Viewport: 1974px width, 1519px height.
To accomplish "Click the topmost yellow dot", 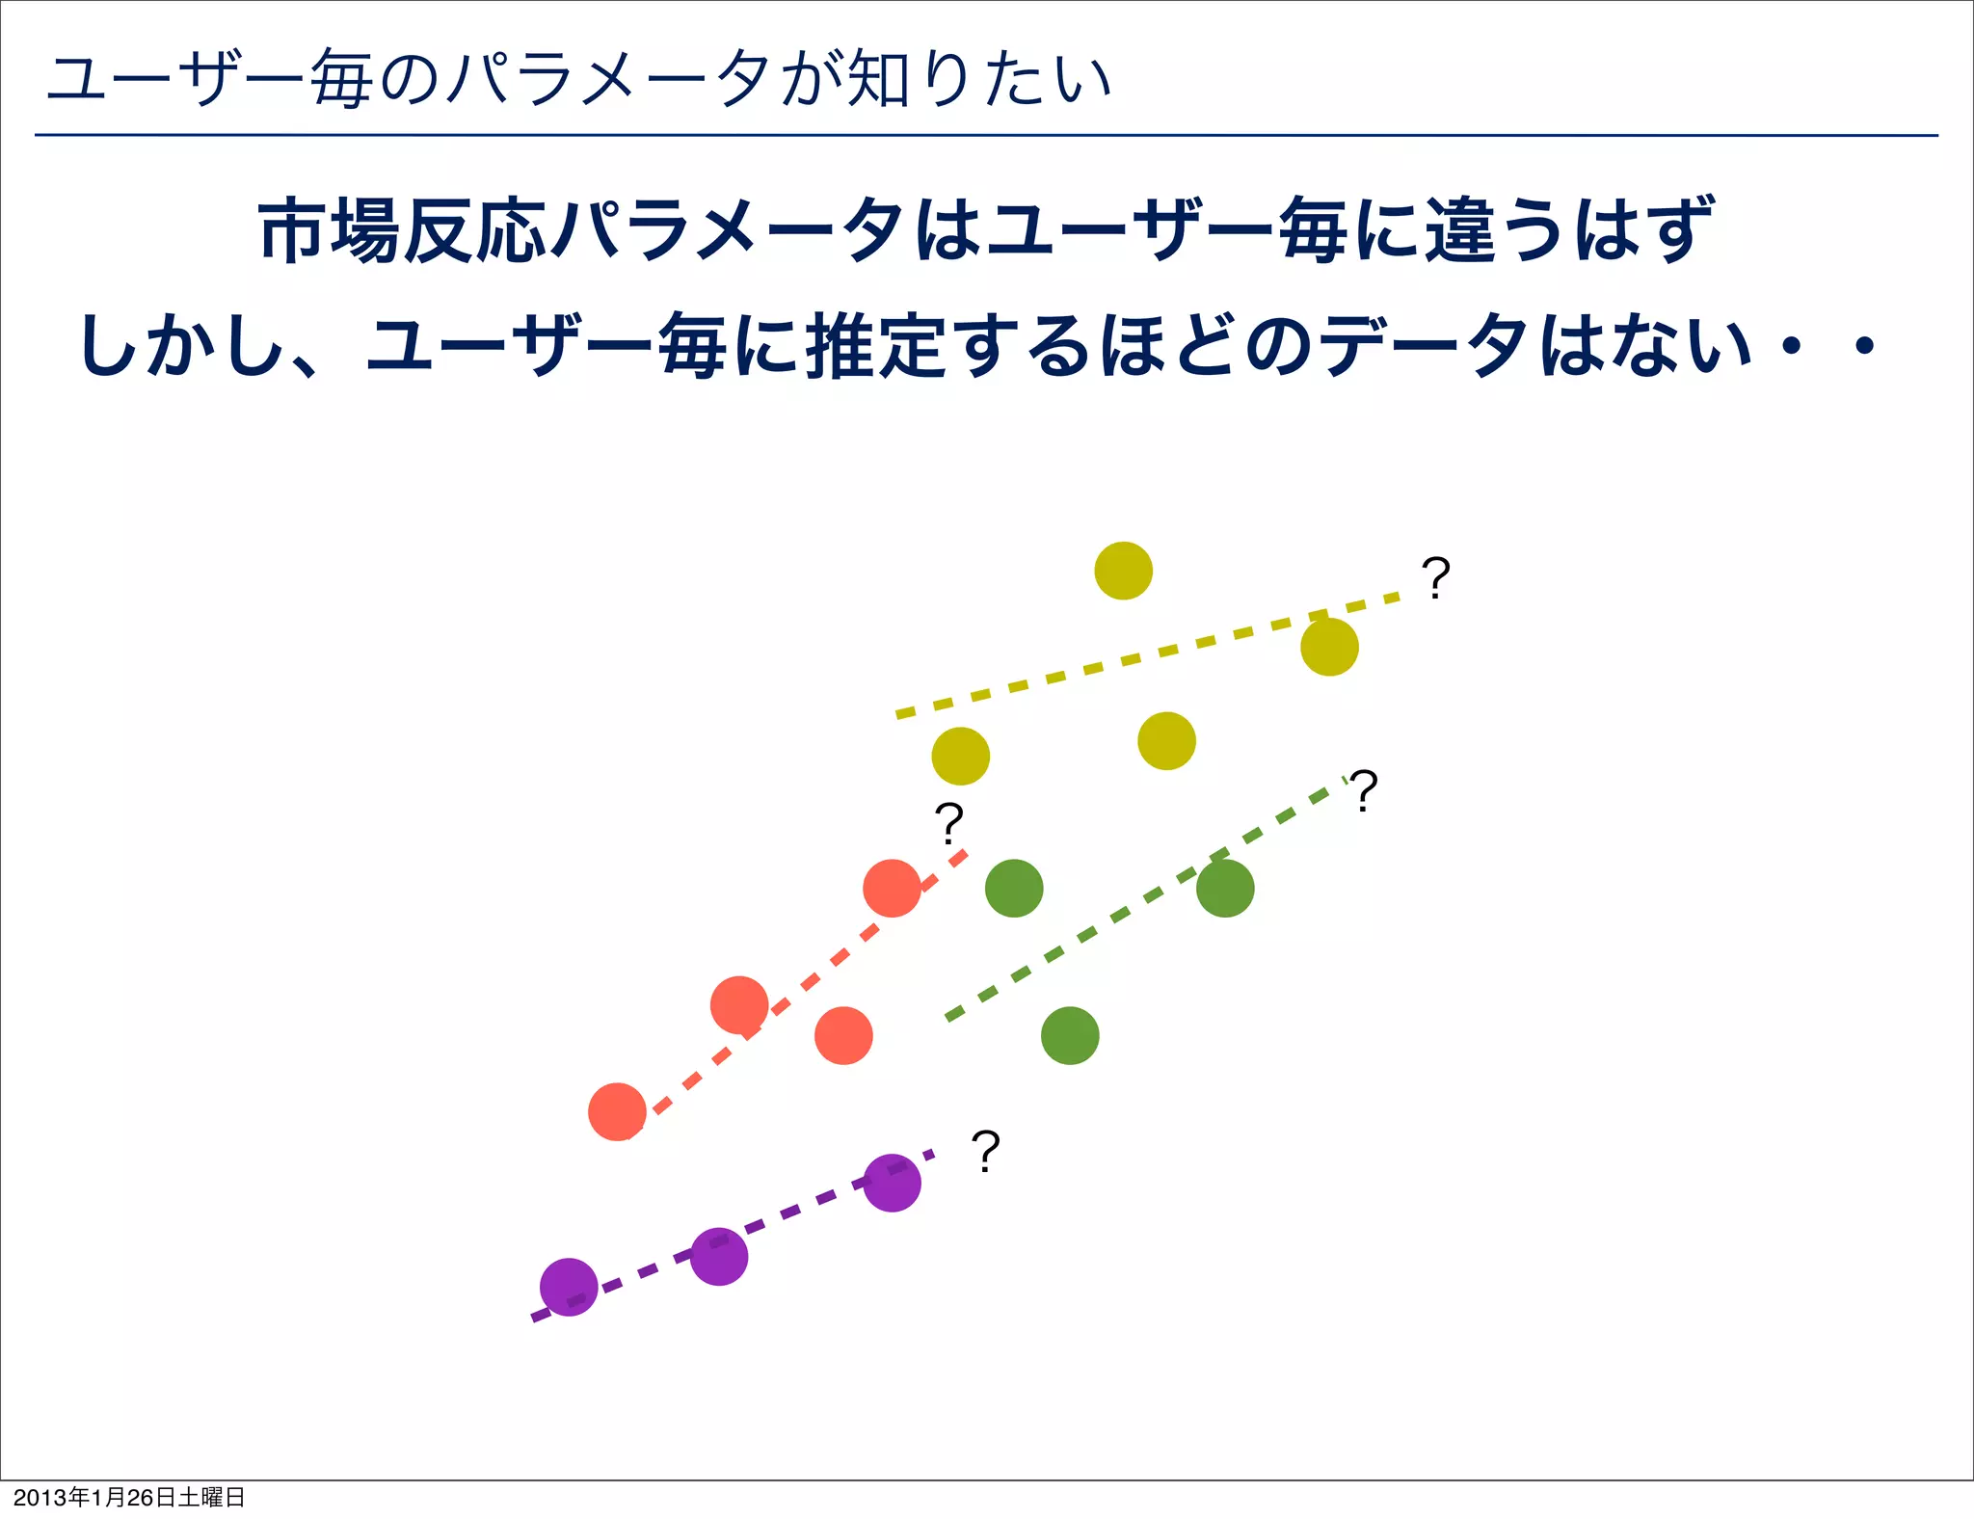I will pyautogui.click(x=1123, y=571).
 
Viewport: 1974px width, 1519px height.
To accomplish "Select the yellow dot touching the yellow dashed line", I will pyautogui.click(x=1329, y=647).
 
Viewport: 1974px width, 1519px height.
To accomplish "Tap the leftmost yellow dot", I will pyautogui.click(x=960, y=757).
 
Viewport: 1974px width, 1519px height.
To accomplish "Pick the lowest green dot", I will pyautogui.click(x=1070, y=1036).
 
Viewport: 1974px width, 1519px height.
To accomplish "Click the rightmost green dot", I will pyautogui.click(x=1225, y=888).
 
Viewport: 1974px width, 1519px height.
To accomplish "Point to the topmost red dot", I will pyautogui.click(x=892, y=888).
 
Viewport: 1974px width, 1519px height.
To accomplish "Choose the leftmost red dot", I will pyautogui.click(x=617, y=1111).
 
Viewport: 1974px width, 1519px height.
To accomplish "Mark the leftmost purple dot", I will pyautogui.click(x=569, y=1287).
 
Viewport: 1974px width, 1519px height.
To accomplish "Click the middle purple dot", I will pyautogui.click(x=719, y=1257).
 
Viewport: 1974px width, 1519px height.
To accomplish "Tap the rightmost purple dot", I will pyautogui.click(x=892, y=1183).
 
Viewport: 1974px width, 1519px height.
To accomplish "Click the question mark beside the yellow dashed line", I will pyautogui.click(x=1435, y=578).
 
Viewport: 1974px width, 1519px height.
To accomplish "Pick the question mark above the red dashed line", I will pyautogui.click(x=948, y=823).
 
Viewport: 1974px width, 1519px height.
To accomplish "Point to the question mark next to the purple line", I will pyautogui.click(x=985, y=1151).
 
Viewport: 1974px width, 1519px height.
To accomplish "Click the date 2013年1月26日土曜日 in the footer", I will pyautogui.click(x=129, y=1497).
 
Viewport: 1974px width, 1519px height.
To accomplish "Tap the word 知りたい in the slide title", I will pyautogui.click(x=978, y=79).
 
